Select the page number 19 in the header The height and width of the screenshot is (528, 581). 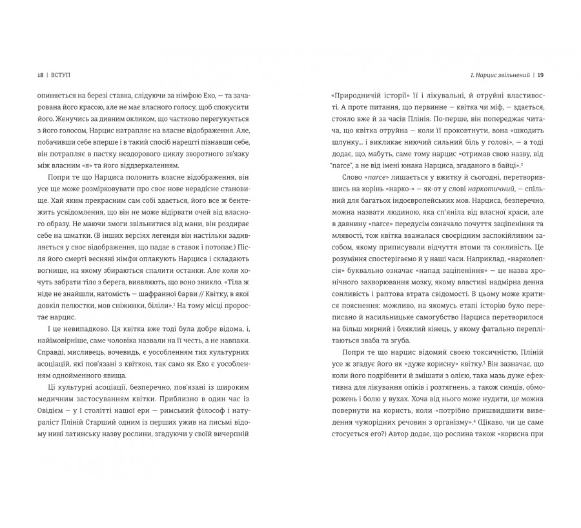[x=540, y=73]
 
